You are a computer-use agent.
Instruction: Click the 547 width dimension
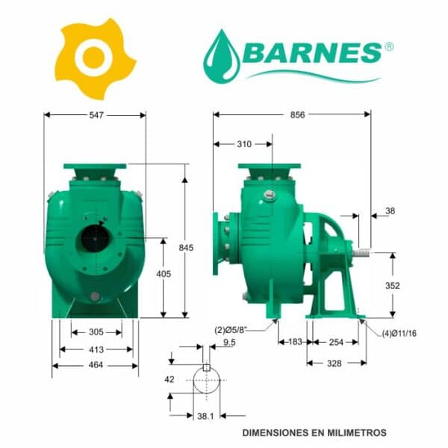96,115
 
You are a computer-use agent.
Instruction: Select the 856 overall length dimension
297,114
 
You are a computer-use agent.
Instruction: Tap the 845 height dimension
186,248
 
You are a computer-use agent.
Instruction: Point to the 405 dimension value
164,274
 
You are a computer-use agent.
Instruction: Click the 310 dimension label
244,144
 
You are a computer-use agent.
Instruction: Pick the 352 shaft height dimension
392,285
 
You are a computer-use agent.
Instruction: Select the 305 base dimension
96,332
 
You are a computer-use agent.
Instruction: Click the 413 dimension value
96,349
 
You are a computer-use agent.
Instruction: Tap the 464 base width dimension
96,365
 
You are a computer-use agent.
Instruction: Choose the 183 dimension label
295,342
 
